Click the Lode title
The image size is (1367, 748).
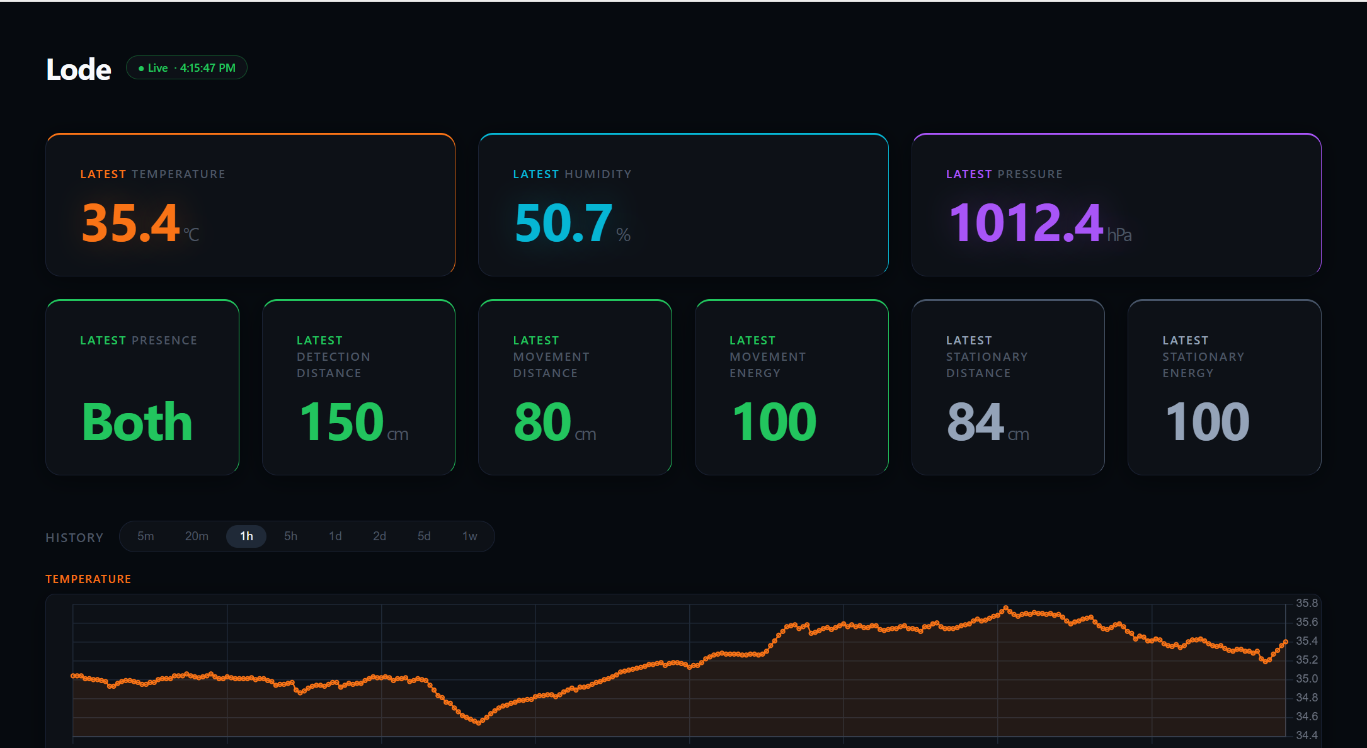pos(79,69)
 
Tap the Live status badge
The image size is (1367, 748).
pos(186,68)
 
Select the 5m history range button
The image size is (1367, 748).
pos(146,536)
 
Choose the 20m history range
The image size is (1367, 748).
pos(197,536)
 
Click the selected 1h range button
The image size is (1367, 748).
pos(246,536)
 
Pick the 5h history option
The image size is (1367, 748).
pos(290,536)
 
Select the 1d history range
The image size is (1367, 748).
pos(335,536)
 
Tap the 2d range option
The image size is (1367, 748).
pos(379,536)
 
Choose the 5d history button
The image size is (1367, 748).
pos(424,536)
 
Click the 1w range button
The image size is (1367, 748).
pos(470,536)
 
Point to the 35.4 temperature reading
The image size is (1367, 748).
pos(131,223)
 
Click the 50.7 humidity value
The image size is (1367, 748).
pos(563,223)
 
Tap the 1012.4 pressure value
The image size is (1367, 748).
pos(1026,223)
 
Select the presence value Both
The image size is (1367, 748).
pos(137,422)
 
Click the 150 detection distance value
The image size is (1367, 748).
pos(341,422)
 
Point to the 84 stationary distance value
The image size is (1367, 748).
pos(975,422)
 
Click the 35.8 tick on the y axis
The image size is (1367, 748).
pos(1307,603)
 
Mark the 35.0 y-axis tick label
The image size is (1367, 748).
pos(1307,679)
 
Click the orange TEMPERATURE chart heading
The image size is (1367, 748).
pos(88,579)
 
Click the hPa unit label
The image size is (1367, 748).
pos(1119,235)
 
